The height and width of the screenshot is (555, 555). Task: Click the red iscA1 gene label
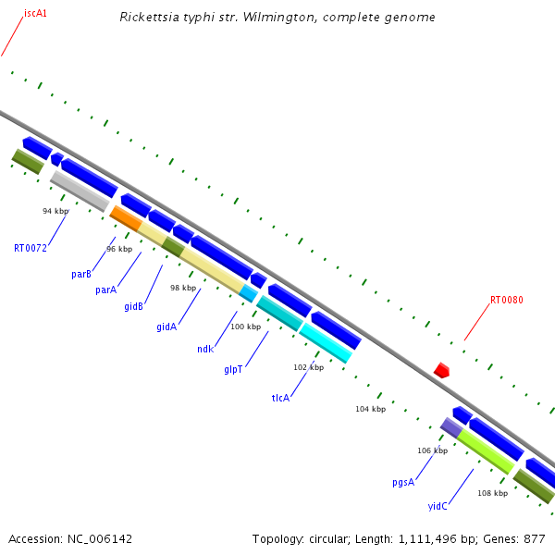tap(36, 14)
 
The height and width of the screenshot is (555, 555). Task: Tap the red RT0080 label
tap(507, 300)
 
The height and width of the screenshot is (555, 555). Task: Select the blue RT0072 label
tap(30, 248)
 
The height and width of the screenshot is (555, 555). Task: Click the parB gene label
tap(81, 275)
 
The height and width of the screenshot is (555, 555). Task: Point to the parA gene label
tap(106, 290)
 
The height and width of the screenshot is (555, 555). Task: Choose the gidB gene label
tap(134, 307)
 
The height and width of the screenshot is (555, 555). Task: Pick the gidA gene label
tap(166, 327)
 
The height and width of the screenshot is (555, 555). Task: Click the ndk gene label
tap(205, 349)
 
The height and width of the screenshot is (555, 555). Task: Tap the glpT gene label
tap(233, 369)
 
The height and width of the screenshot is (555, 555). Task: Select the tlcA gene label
tap(280, 398)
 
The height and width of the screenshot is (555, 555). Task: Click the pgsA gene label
tap(403, 482)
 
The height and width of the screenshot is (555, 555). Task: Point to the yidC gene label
tap(438, 506)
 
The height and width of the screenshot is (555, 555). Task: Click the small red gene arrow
tap(442, 370)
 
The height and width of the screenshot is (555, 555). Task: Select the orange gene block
tap(126, 218)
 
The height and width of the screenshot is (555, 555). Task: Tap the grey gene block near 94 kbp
tap(80, 191)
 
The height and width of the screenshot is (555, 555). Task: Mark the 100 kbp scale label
tap(246, 327)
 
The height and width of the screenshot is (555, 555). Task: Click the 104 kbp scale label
tap(370, 408)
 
